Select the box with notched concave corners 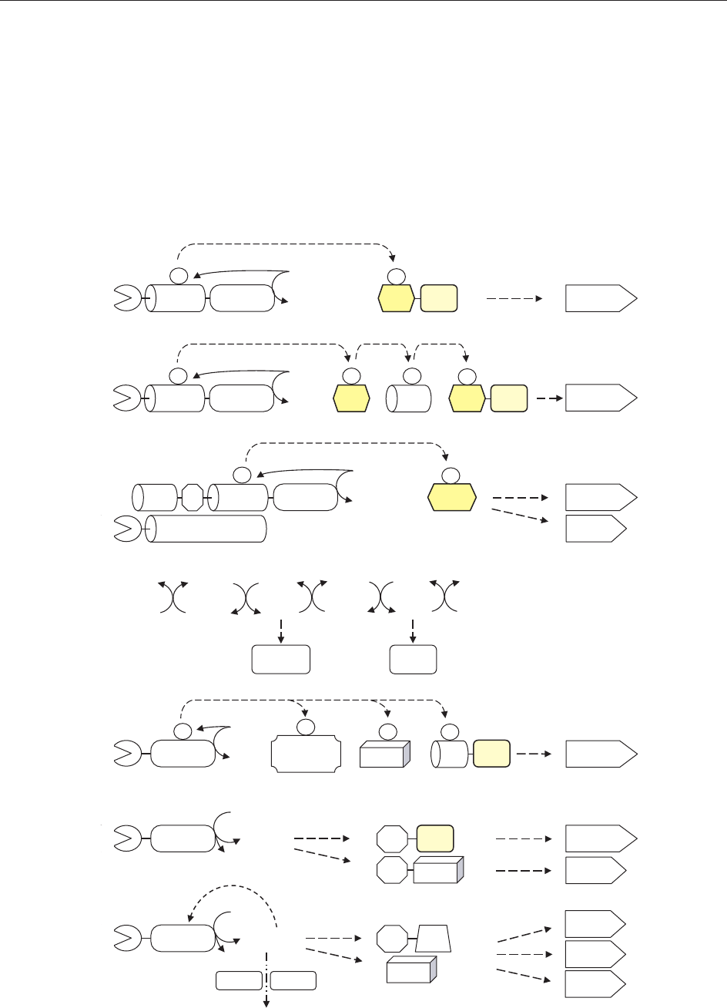[306, 756]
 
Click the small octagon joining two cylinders [193, 498]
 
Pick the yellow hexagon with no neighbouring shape [451, 498]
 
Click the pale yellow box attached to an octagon [434, 838]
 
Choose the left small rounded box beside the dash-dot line [238, 980]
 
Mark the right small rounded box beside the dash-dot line [293, 980]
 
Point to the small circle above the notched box [306, 727]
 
